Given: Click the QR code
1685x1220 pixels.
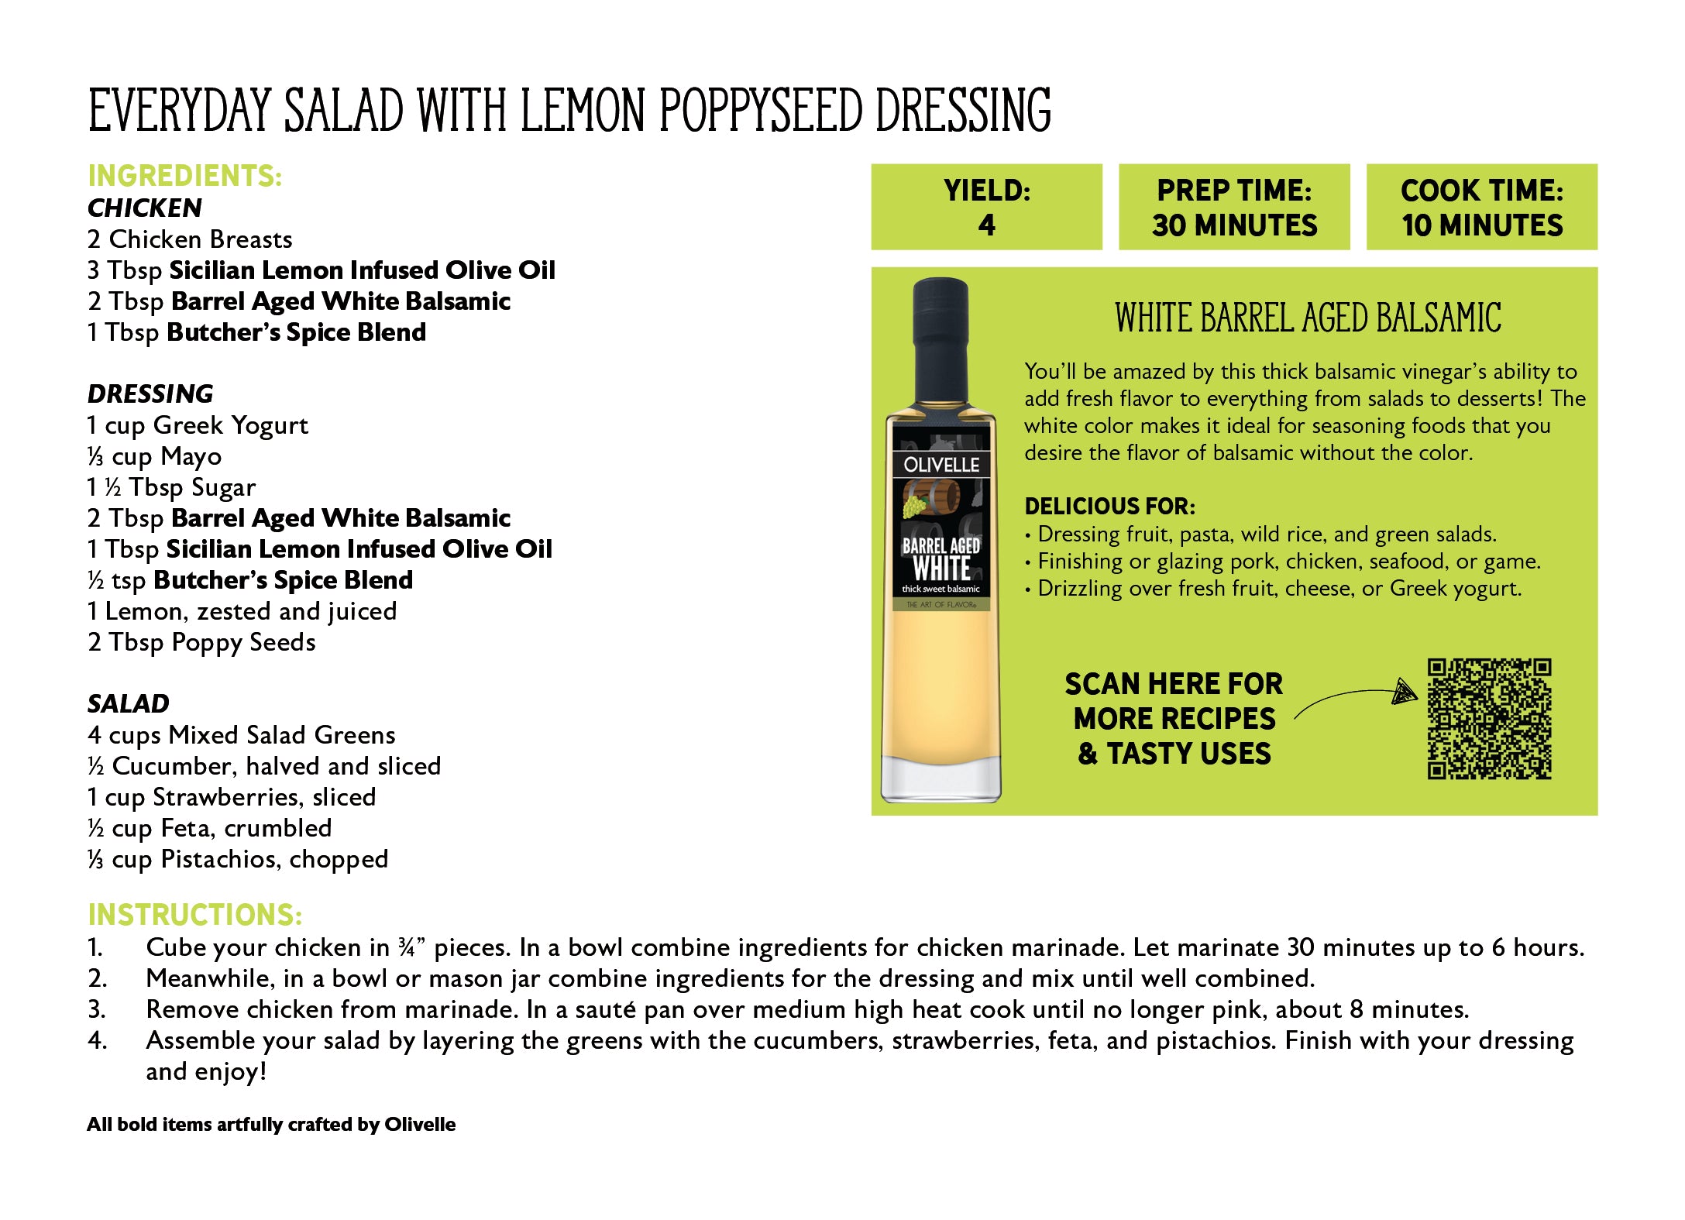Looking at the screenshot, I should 1489,718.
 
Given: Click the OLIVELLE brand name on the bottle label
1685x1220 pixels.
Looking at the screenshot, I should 941,465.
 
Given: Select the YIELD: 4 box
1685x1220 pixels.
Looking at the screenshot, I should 986,207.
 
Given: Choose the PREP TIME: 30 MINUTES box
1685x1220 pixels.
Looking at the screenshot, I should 1234,207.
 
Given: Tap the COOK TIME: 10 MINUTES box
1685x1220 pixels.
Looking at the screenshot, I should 1481,207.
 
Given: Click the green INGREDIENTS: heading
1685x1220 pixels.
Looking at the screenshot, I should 184,176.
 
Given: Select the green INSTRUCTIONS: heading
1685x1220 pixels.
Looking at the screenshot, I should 194,915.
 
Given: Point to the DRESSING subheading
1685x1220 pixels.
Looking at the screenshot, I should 150,393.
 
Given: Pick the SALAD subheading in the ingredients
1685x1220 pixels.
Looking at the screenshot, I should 128,703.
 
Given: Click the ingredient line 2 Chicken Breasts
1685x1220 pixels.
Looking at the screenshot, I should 190,239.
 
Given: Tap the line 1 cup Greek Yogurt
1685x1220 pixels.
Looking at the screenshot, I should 198,425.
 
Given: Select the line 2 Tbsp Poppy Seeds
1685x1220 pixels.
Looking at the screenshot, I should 201,642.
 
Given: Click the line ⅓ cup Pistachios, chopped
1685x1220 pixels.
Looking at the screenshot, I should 238,859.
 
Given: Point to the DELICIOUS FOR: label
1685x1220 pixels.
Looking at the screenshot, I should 1109,507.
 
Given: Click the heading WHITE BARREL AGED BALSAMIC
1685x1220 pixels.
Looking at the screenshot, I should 1308,318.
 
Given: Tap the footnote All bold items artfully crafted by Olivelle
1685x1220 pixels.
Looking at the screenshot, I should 271,1125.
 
